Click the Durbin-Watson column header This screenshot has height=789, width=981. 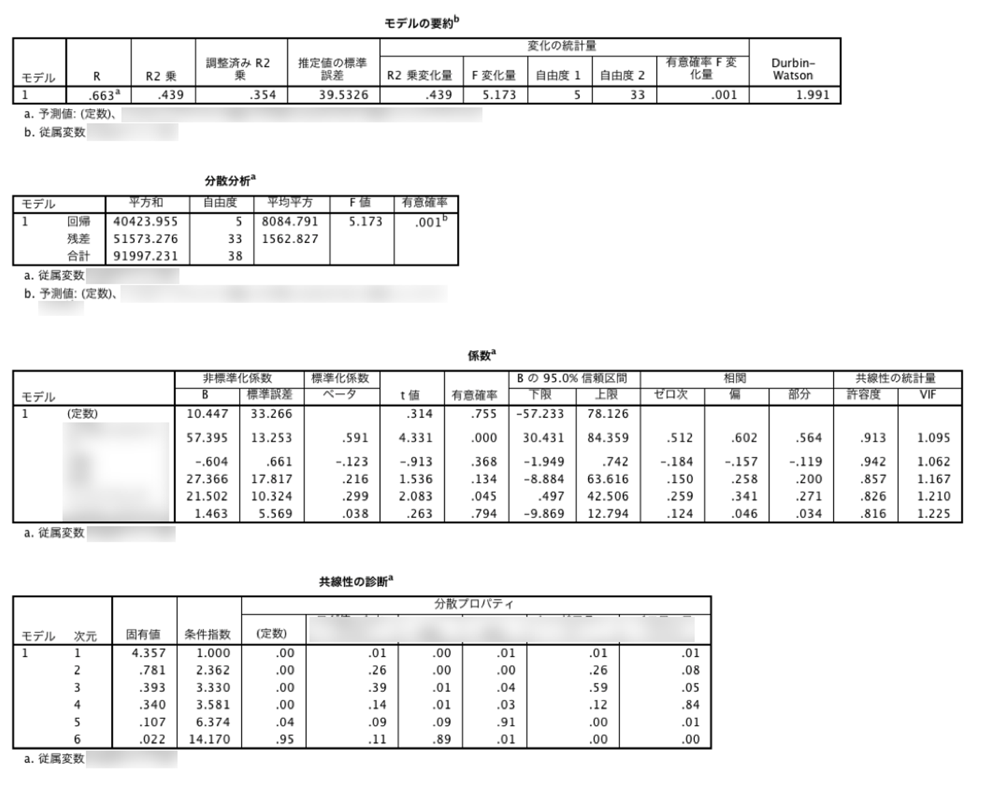coord(793,69)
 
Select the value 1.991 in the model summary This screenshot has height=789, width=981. coord(813,95)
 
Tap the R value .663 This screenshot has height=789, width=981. coord(103,95)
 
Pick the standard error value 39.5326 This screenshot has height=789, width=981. coord(343,95)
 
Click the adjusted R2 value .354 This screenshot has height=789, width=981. coord(262,95)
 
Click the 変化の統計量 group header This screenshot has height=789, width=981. coord(562,46)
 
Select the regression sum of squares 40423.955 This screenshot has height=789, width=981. coord(146,222)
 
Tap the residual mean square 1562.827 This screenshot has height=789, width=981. coord(290,239)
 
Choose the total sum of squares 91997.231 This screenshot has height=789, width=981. coord(146,257)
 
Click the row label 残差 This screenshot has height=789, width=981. coord(78,239)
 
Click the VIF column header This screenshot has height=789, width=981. coord(928,395)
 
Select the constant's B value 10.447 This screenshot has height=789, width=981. coord(207,414)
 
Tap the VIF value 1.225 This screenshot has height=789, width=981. coord(933,514)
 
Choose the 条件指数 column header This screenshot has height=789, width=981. coord(207,634)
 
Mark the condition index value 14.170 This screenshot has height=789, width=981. coord(209,740)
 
